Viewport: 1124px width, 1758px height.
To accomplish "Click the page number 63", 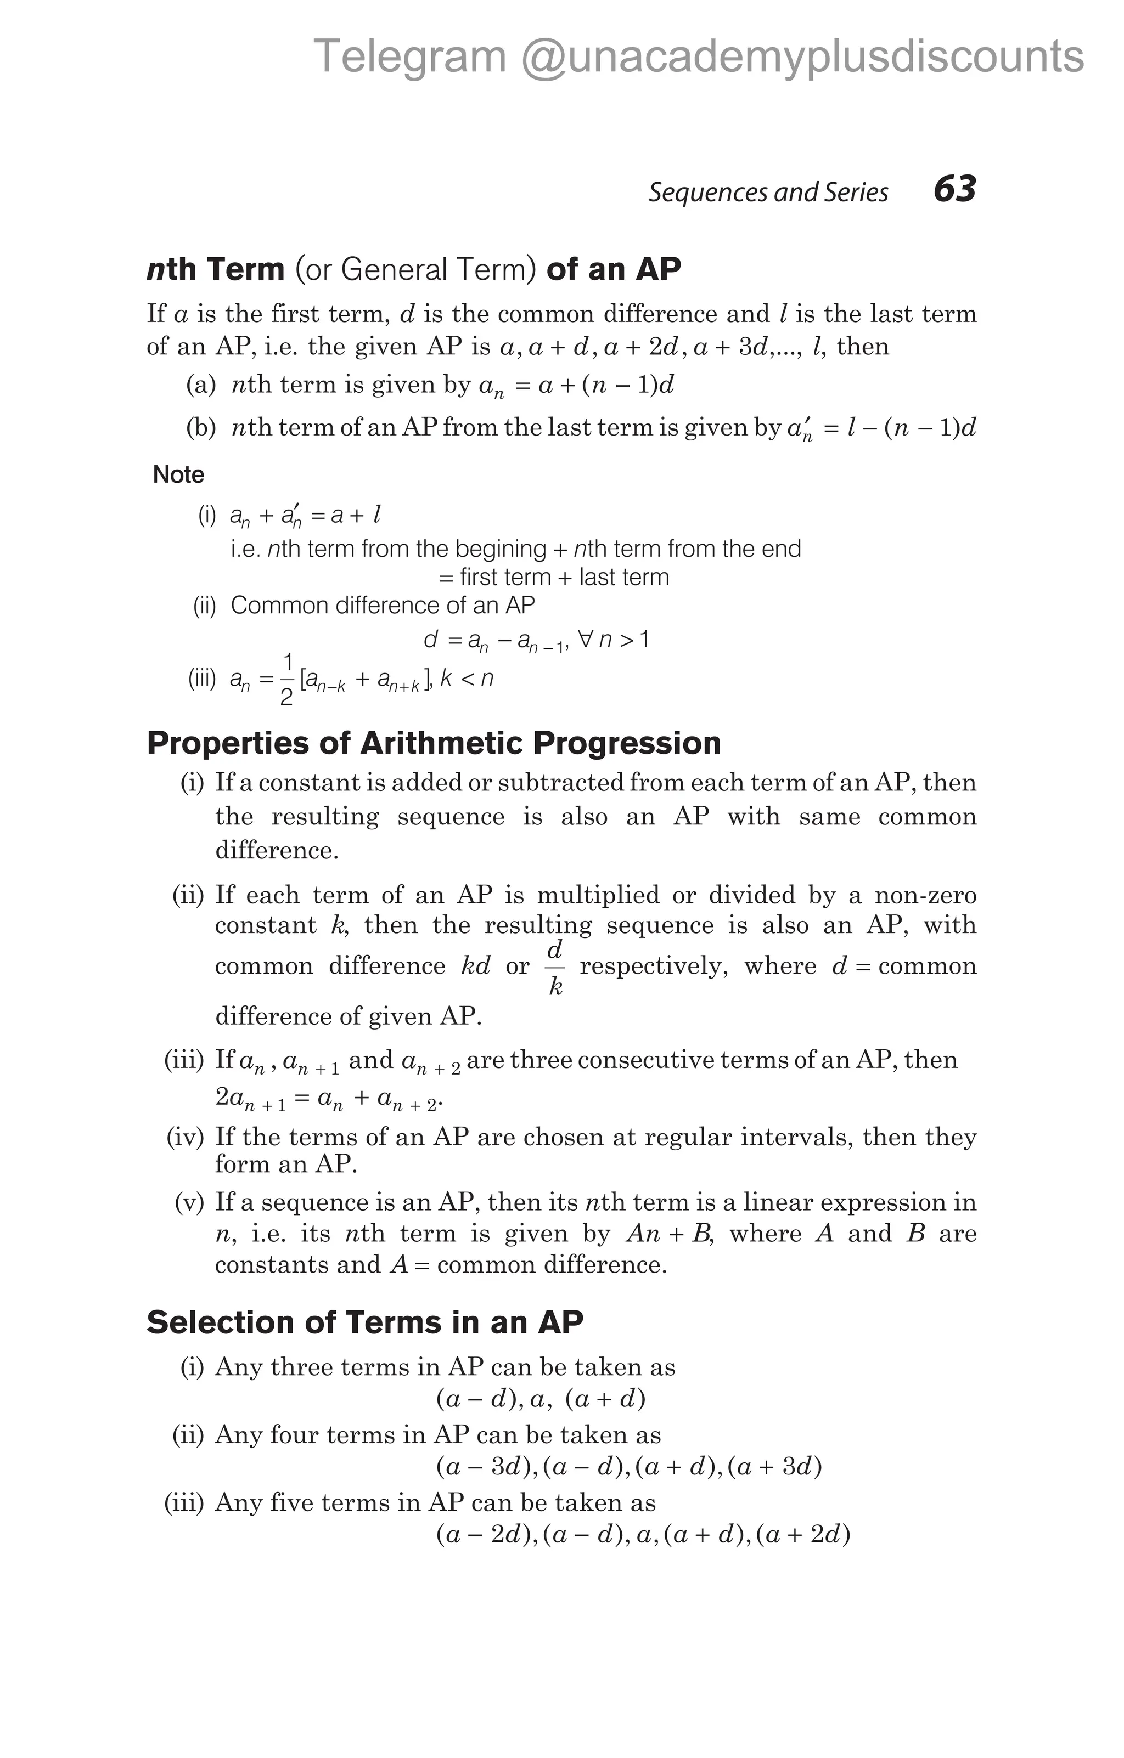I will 954,189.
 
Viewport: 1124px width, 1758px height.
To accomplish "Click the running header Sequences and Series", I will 768,192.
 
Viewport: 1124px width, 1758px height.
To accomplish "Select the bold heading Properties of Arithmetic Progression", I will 434,743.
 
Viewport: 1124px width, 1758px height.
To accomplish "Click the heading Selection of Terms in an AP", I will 364,1322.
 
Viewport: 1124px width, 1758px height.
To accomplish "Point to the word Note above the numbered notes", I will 178,474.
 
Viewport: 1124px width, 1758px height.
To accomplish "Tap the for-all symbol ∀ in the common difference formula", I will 585,640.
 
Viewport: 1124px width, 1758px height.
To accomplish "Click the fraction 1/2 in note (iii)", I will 287,680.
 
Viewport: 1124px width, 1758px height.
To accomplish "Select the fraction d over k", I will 555,968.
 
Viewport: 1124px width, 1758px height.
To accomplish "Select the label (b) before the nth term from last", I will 201,428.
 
